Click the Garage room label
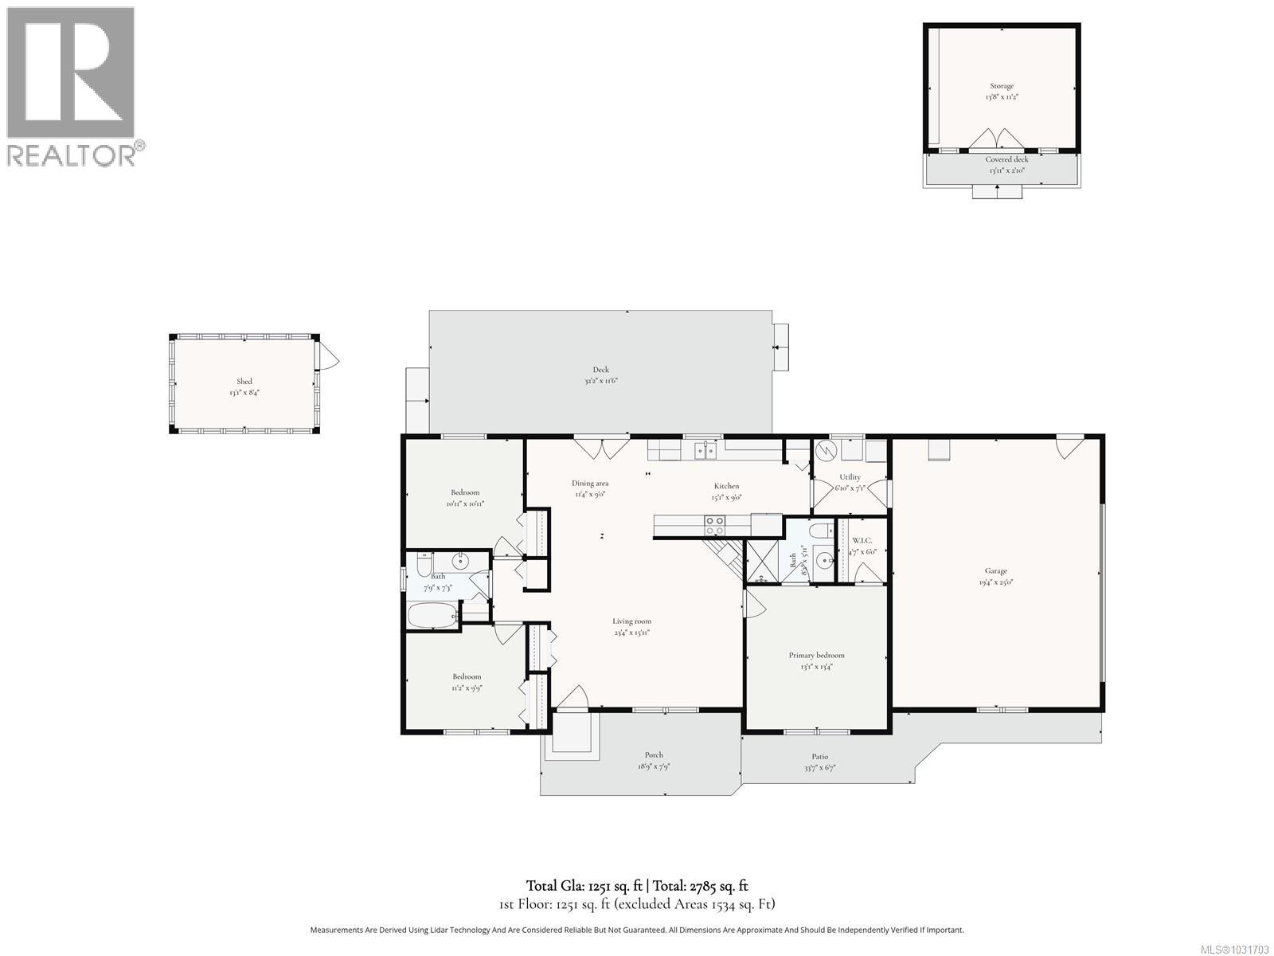pyautogui.click(x=996, y=570)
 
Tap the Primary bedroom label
pyautogui.click(x=816, y=655)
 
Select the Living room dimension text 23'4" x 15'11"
pyautogui.click(x=631, y=633)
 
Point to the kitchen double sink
pyautogui.click(x=705, y=451)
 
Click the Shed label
pyautogui.click(x=244, y=381)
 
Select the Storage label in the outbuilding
pyautogui.click(x=1002, y=85)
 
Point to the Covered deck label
pyautogui.click(x=1006, y=159)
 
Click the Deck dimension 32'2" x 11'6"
pyautogui.click(x=600, y=381)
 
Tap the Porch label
pyautogui.click(x=654, y=754)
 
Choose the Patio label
pyautogui.click(x=819, y=756)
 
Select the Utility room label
pyautogui.click(x=850, y=476)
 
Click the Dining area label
pyautogui.click(x=590, y=483)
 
